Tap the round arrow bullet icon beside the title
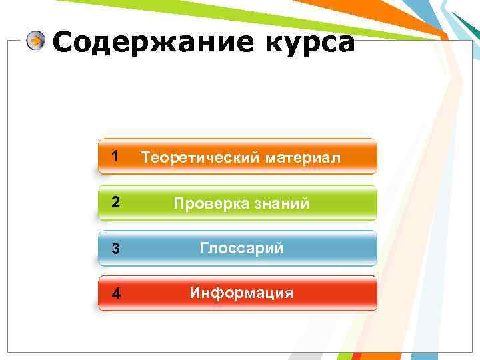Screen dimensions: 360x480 click(x=37, y=41)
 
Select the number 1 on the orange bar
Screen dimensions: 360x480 click(x=115, y=157)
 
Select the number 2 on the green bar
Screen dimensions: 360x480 click(x=115, y=203)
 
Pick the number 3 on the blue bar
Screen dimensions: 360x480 click(x=115, y=249)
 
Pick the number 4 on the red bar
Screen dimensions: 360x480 click(x=115, y=294)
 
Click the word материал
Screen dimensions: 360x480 click(x=303, y=158)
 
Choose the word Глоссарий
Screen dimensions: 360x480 click(x=241, y=249)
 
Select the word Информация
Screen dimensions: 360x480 click(x=241, y=293)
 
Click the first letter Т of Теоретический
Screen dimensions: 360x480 click(x=143, y=158)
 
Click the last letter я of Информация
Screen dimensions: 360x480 click(x=289, y=293)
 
